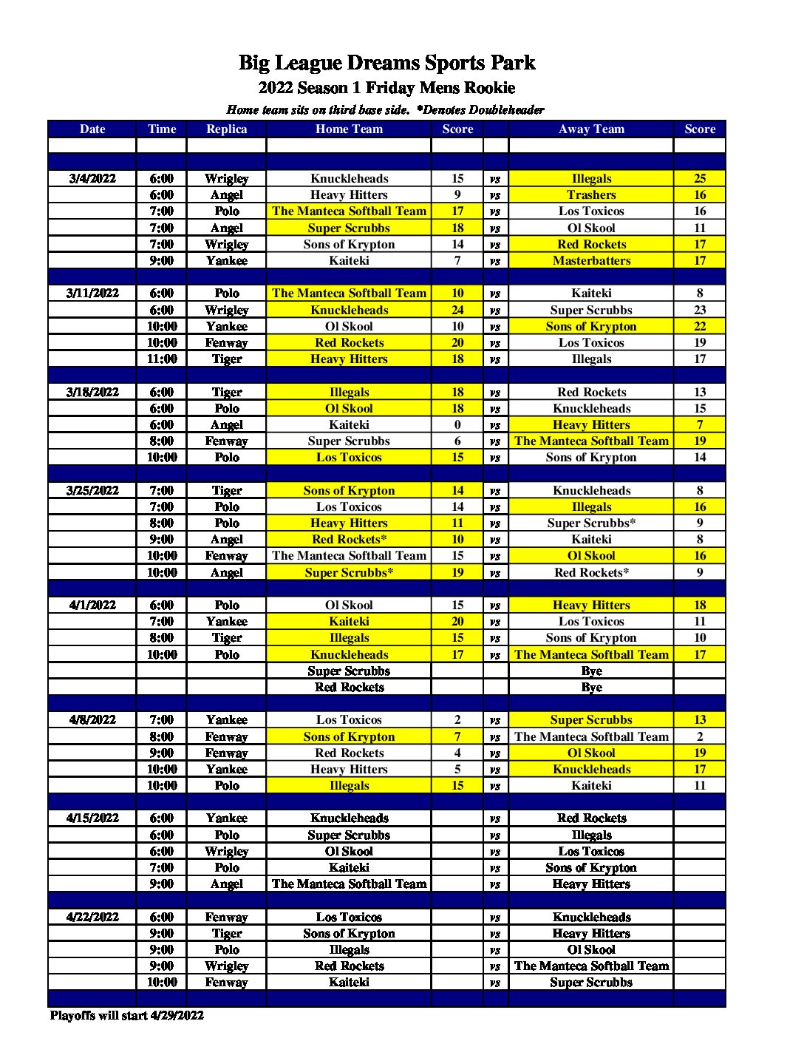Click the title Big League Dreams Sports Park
point(386,63)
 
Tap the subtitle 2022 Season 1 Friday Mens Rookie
point(386,88)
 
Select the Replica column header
point(226,129)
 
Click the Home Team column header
point(349,129)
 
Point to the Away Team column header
point(591,129)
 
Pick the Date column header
point(92,129)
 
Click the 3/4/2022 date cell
point(92,178)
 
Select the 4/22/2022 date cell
point(92,917)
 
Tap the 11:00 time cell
point(162,359)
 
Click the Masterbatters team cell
point(591,260)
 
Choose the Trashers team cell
point(591,194)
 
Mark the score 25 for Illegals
point(700,178)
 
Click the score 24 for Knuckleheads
point(457,310)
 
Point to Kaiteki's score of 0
point(457,424)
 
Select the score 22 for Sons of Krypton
point(700,326)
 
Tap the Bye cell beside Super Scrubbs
point(591,671)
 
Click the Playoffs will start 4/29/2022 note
point(127,1015)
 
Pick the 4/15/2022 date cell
point(92,818)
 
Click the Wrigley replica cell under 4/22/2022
point(226,966)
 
